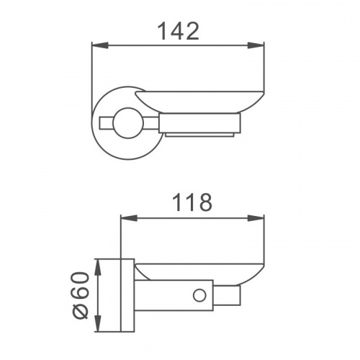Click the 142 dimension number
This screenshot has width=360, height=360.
point(178,30)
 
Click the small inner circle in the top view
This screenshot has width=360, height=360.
point(127,120)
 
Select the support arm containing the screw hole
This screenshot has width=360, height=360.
point(173,296)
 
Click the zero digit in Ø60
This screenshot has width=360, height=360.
point(80,282)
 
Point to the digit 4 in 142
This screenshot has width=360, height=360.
point(178,30)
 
